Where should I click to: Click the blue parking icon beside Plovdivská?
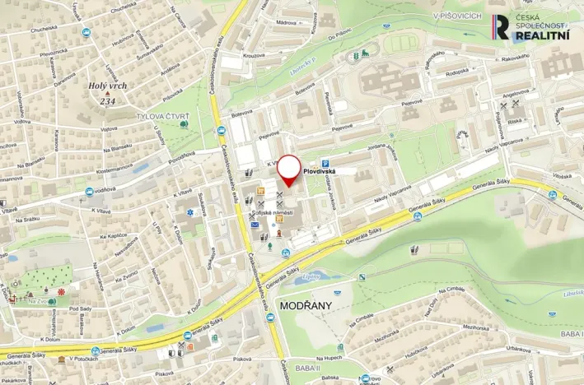click(325, 163)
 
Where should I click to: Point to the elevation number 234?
click(107, 100)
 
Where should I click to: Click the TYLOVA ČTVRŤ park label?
click(165, 116)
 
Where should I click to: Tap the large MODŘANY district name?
click(305, 305)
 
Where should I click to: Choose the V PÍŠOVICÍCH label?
click(458, 16)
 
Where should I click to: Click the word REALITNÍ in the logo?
click(541, 35)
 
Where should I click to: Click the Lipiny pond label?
click(311, 276)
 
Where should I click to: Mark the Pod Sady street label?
click(80, 308)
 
